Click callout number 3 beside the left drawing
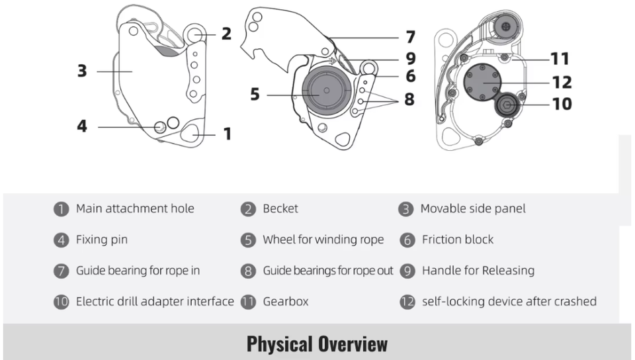[82, 71]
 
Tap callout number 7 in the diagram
[411, 37]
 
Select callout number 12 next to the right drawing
[562, 82]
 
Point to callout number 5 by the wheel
[255, 95]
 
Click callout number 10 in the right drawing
[562, 104]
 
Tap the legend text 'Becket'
[280, 208]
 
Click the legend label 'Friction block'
[458, 240]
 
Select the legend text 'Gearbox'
[286, 301]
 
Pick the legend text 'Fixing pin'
[102, 240]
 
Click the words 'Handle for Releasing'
[478, 271]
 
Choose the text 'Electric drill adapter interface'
[155, 301]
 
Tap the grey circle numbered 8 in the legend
[248, 271]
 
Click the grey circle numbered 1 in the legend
[61, 209]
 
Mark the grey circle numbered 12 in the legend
[407, 302]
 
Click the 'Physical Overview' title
[317, 344]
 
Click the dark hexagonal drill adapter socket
[507, 106]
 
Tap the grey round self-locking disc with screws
[482, 83]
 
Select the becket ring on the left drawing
[194, 34]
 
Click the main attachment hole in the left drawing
[190, 133]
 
